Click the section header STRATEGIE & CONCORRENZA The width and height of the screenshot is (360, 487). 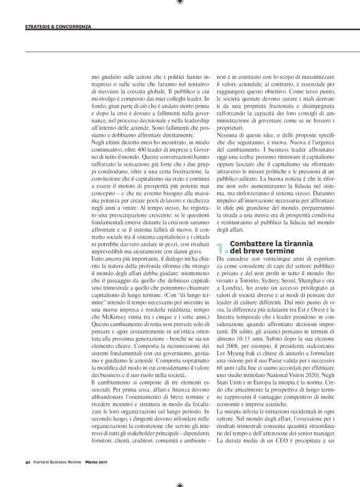pos(58,27)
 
